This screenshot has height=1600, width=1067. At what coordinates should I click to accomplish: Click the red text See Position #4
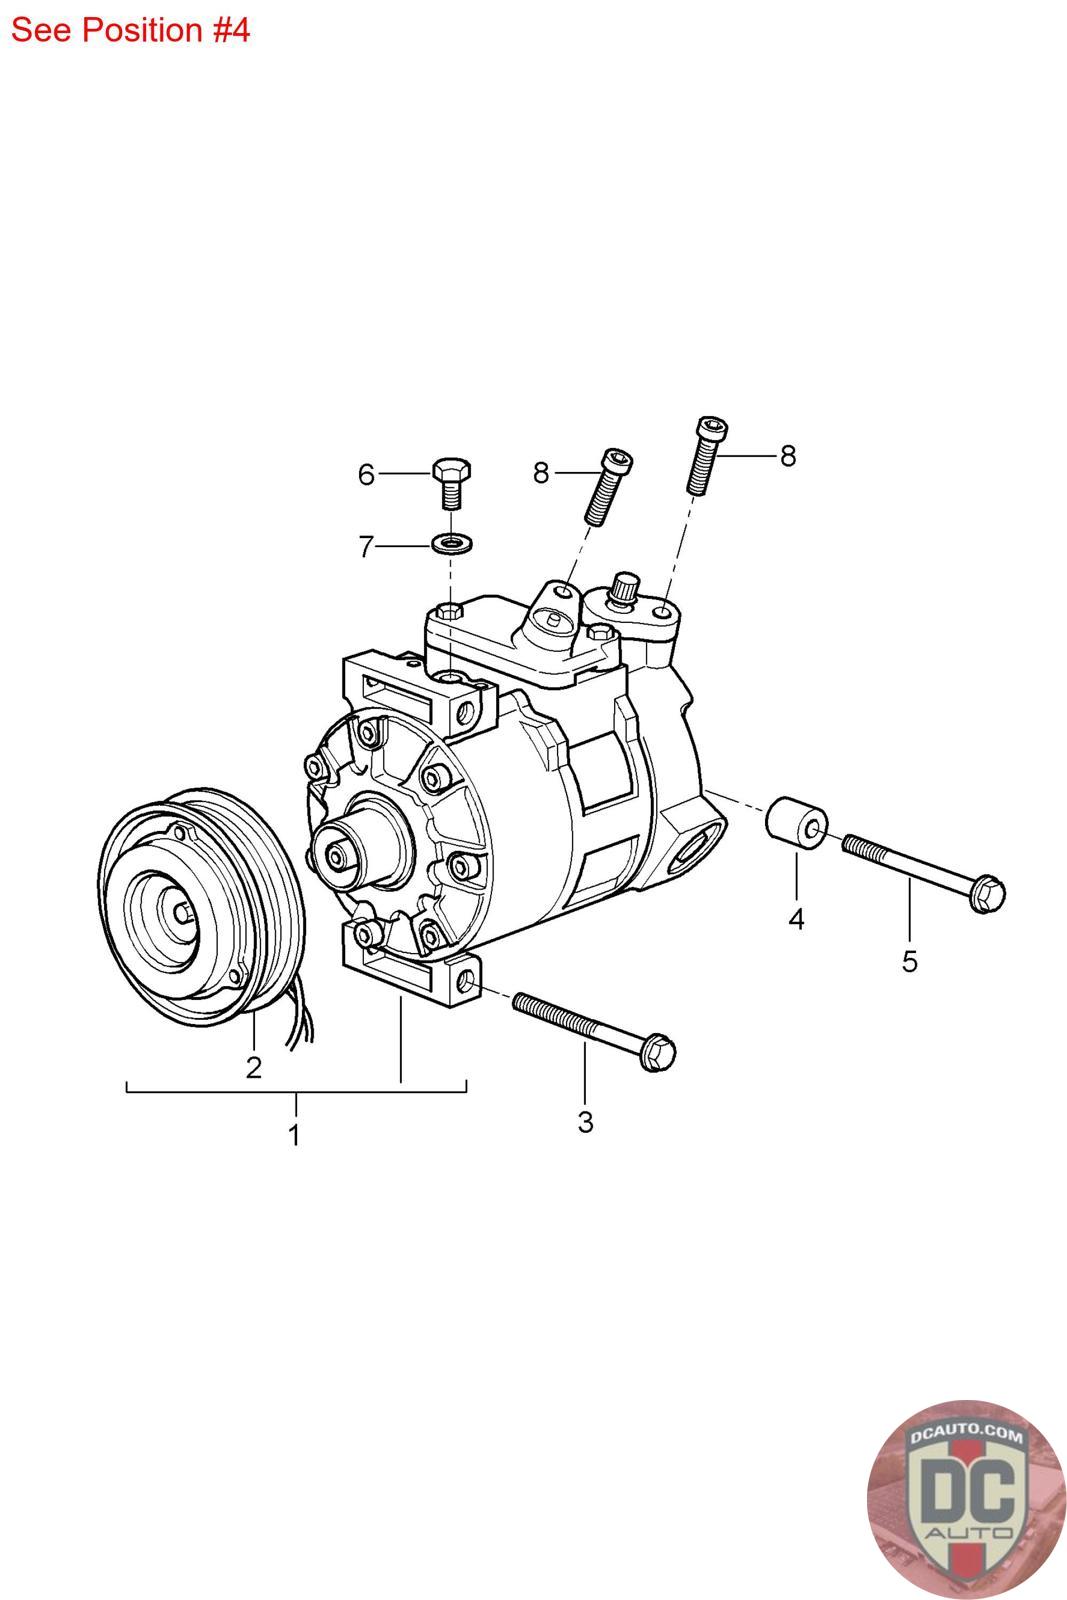[130, 30]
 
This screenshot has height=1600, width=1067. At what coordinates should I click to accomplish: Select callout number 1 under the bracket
[294, 1136]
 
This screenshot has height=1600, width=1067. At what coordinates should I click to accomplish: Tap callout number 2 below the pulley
[254, 1067]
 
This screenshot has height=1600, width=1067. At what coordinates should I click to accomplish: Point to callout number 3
[585, 1122]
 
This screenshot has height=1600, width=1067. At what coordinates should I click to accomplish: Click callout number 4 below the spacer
[796, 918]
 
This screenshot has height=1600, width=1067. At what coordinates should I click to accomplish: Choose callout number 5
[909, 961]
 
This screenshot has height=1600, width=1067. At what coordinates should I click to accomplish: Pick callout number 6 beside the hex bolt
[366, 475]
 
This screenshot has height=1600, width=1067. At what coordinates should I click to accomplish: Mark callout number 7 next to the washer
[366, 547]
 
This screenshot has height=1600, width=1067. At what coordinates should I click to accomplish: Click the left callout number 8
[541, 472]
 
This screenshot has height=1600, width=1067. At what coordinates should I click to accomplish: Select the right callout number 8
[788, 456]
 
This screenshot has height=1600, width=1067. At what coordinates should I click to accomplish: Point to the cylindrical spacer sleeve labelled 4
[796, 822]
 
